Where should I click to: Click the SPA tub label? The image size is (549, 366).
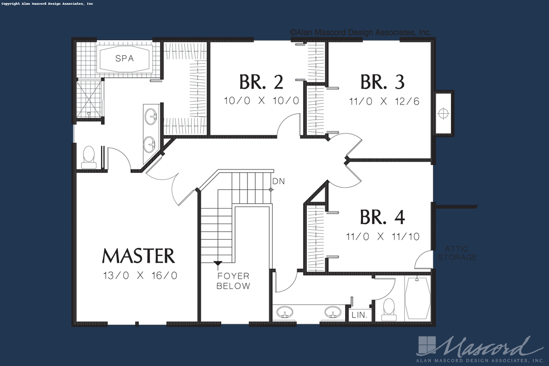pyautogui.click(x=124, y=58)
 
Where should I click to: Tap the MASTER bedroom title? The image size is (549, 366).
pyautogui.click(x=139, y=256)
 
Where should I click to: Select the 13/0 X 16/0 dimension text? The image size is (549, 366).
pyautogui.click(x=140, y=276)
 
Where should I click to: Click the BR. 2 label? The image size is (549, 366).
pyautogui.click(x=261, y=82)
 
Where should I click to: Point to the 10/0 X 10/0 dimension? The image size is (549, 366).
pyautogui.click(x=261, y=101)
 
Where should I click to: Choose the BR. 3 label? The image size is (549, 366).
pyautogui.click(x=382, y=82)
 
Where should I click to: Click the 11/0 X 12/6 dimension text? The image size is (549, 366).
pyautogui.click(x=384, y=101)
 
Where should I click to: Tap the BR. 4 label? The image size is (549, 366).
pyautogui.click(x=382, y=217)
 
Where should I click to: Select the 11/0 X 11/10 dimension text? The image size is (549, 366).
pyautogui.click(x=383, y=237)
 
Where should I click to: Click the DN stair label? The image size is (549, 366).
pyautogui.click(x=279, y=181)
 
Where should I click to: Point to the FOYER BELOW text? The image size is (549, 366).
pyautogui.click(x=233, y=281)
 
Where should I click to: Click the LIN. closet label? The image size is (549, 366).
pyautogui.click(x=359, y=315)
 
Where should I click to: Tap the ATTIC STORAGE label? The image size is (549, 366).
pyautogui.click(x=457, y=253)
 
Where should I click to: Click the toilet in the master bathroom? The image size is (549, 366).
pyautogui.click(x=89, y=157)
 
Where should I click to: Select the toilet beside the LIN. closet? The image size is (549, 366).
pyautogui.click(x=389, y=309)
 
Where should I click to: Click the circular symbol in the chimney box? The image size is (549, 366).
pyautogui.click(x=443, y=114)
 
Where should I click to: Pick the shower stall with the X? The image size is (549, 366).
pyautogui.click(x=89, y=99)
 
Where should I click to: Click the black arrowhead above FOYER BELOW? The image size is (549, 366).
pyautogui.click(x=218, y=263)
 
